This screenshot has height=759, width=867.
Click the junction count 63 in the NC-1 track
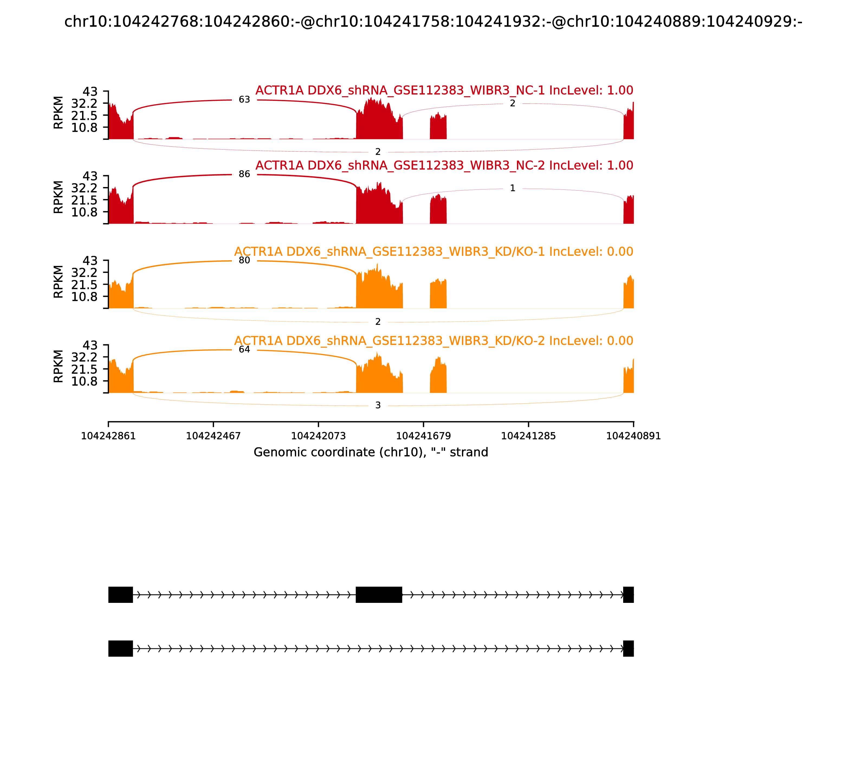[x=244, y=99]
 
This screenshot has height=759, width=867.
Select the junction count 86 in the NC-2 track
[x=244, y=174]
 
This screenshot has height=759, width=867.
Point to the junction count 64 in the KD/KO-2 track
[x=244, y=349]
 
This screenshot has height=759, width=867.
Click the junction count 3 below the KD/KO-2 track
[x=378, y=405]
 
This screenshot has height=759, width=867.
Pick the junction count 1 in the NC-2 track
[x=512, y=188]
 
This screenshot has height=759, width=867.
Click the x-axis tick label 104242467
[x=213, y=436]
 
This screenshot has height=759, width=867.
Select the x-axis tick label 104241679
[x=423, y=436]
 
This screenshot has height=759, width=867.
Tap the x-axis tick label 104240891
[x=633, y=436]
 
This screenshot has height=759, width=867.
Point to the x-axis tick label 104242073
[x=318, y=436]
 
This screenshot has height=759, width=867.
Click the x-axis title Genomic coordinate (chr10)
[x=371, y=452]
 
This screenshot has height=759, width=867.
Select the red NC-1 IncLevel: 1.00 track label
[x=444, y=90]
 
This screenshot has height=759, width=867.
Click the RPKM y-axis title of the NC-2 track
[x=59, y=197]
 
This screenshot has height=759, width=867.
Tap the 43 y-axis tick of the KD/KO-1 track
[x=90, y=260]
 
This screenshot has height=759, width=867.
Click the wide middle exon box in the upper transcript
[x=379, y=595]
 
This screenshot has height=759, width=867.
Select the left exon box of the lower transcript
[x=121, y=648]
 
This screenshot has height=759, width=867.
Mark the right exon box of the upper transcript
[x=628, y=595]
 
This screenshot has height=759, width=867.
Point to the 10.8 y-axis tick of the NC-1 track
[x=84, y=127]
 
